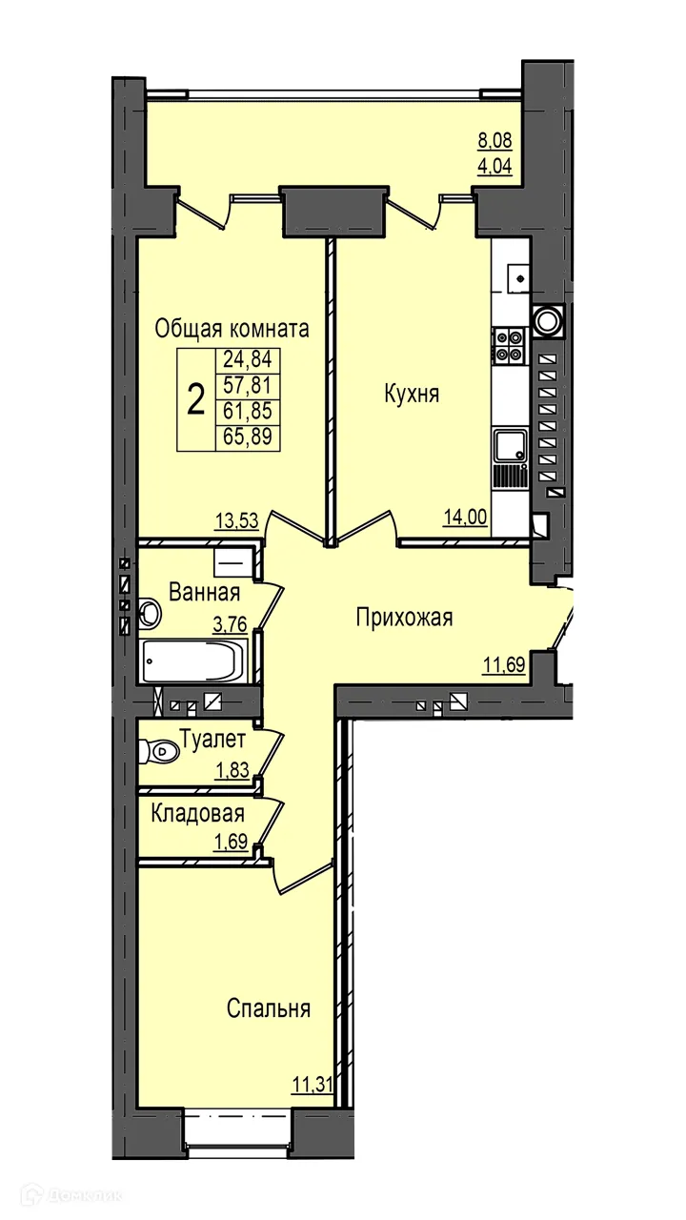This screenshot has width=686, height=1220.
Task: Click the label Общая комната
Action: [232, 329]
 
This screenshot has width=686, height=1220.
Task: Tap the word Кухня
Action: [412, 394]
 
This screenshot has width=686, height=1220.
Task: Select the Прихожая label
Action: [405, 619]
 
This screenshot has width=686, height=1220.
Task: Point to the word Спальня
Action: [269, 1008]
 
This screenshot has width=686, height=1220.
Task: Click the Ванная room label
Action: [205, 592]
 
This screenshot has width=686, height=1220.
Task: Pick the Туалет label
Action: [212, 740]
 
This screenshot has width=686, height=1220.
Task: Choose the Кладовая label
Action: [197, 814]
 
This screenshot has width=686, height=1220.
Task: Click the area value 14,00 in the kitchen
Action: [465, 517]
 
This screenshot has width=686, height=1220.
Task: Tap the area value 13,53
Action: [237, 520]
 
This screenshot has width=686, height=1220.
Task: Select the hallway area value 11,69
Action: [504, 664]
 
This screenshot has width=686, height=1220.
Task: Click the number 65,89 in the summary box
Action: [248, 437]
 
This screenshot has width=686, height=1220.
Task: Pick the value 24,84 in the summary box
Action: [248, 359]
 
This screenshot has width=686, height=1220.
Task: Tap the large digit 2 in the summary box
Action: [196, 398]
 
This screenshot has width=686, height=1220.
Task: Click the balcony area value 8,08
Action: [494, 140]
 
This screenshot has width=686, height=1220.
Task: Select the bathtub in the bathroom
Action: [194, 661]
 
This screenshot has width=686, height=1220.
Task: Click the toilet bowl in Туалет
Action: [159, 752]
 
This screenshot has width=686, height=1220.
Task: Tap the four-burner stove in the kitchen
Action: [509, 347]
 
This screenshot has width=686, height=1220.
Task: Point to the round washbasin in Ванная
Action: [150, 614]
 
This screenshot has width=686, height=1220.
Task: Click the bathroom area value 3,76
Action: [231, 624]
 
